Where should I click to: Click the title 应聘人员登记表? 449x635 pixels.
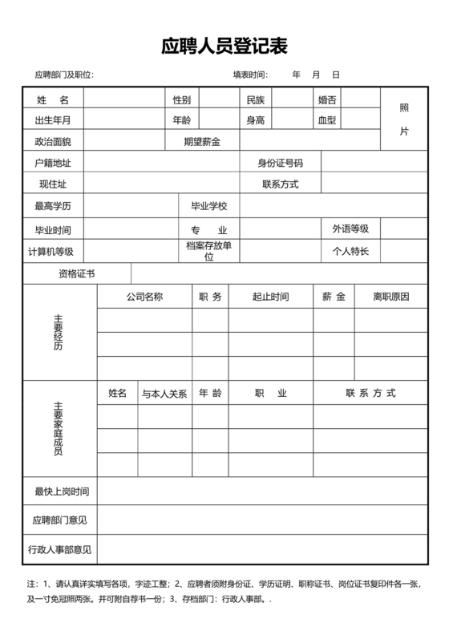(224, 45)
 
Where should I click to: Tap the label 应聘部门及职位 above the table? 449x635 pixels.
(64, 75)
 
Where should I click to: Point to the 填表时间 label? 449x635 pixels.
(250, 75)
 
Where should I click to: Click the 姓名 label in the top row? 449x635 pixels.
(53, 99)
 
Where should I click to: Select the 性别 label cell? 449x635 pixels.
(181, 99)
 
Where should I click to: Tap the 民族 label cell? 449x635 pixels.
(255, 99)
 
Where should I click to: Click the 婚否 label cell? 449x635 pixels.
(327, 99)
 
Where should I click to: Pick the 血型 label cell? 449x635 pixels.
(327, 120)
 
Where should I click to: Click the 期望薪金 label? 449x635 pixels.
(201, 141)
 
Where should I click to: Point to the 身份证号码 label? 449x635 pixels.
(280, 163)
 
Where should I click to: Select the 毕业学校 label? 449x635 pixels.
(209, 206)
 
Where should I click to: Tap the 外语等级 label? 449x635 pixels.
(350, 229)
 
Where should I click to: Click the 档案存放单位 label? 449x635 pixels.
(209, 251)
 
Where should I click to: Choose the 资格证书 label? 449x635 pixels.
(76, 273)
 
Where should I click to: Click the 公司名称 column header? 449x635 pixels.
(144, 297)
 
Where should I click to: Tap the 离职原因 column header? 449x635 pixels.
(391, 297)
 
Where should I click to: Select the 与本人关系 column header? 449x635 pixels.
(164, 394)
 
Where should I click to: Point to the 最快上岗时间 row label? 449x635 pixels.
(61, 491)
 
